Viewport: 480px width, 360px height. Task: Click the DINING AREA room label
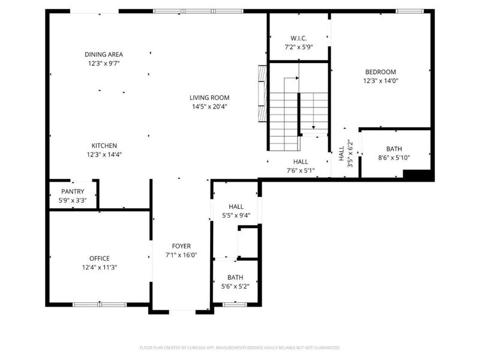(x=104, y=55)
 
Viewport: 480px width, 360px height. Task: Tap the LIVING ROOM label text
(x=209, y=98)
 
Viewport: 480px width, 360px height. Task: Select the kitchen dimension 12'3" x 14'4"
(x=104, y=155)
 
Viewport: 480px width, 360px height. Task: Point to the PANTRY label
(x=73, y=191)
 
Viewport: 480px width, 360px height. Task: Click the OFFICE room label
(x=100, y=259)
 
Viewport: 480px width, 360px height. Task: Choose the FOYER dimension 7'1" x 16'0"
(x=181, y=254)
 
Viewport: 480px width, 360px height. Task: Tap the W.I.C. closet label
(x=298, y=38)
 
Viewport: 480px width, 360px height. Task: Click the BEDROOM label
(x=380, y=72)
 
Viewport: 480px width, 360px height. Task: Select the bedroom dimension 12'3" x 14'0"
(x=381, y=81)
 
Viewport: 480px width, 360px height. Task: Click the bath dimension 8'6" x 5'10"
(x=394, y=158)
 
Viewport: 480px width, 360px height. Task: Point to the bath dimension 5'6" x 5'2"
(x=235, y=286)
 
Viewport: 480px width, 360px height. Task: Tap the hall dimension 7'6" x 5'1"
(x=301, y=170)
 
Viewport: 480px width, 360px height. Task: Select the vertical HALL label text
(x=341, y=154)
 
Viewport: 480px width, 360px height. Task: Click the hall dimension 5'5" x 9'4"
(x=236, y=215)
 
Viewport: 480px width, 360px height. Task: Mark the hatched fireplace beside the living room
(x=262, y=94)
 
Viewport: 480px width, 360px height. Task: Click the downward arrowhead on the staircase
(x=313, y=127)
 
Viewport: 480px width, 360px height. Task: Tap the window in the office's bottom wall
(x=100, y=305)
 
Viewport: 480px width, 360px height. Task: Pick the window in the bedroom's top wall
(x=410, y=11)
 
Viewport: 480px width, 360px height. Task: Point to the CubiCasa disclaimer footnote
(x=239, y=348)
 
